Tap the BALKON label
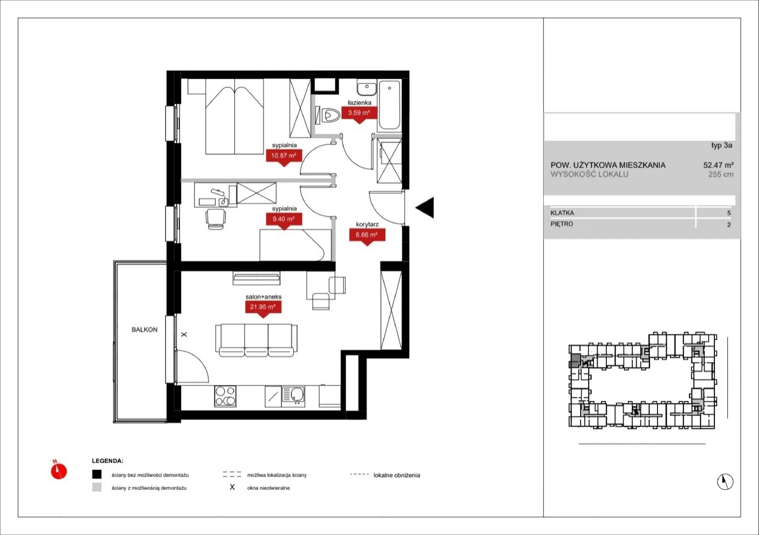145,330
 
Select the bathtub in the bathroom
389,105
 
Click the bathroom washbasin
367,88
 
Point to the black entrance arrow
425,208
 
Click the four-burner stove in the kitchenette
225,396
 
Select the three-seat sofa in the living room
257,340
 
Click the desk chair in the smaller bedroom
215,219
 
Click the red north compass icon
59,470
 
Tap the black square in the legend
97,474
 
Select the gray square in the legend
97,487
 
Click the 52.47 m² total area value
718,165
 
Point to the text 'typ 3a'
722,145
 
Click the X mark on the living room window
184,335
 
